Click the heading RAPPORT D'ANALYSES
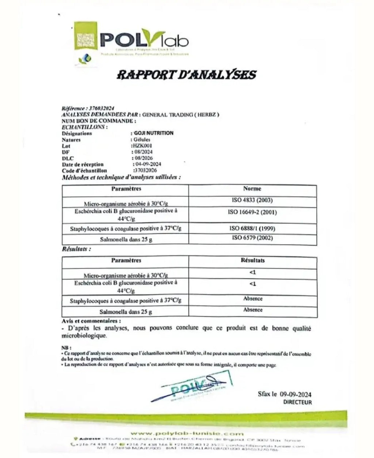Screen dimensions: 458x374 (186, 75)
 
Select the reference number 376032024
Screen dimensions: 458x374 (102, 109)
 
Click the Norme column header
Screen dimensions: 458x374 (252, 189)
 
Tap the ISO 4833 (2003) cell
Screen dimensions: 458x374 (252, 200)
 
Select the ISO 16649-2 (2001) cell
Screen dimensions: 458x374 (252, 212)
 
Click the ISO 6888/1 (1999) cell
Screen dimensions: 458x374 (252, 228)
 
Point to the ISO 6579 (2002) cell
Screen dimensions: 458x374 (252, 238)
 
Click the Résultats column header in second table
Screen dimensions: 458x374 (252, 260)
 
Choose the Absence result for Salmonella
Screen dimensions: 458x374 (253, 310)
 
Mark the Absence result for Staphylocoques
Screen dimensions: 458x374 (253, 299)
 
